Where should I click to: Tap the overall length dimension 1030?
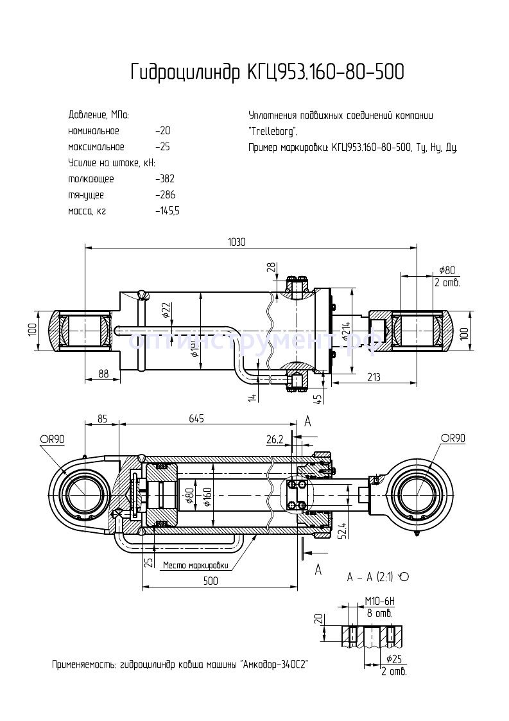tap(237, 242)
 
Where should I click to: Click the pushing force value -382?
tap(165, 179)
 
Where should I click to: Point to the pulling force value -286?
tap(165, 195)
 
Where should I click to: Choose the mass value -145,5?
tap(168, 211)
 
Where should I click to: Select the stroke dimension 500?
tap(210, 581)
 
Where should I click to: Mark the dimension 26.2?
tap(275, 439)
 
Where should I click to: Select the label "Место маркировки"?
tap(196, 566)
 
